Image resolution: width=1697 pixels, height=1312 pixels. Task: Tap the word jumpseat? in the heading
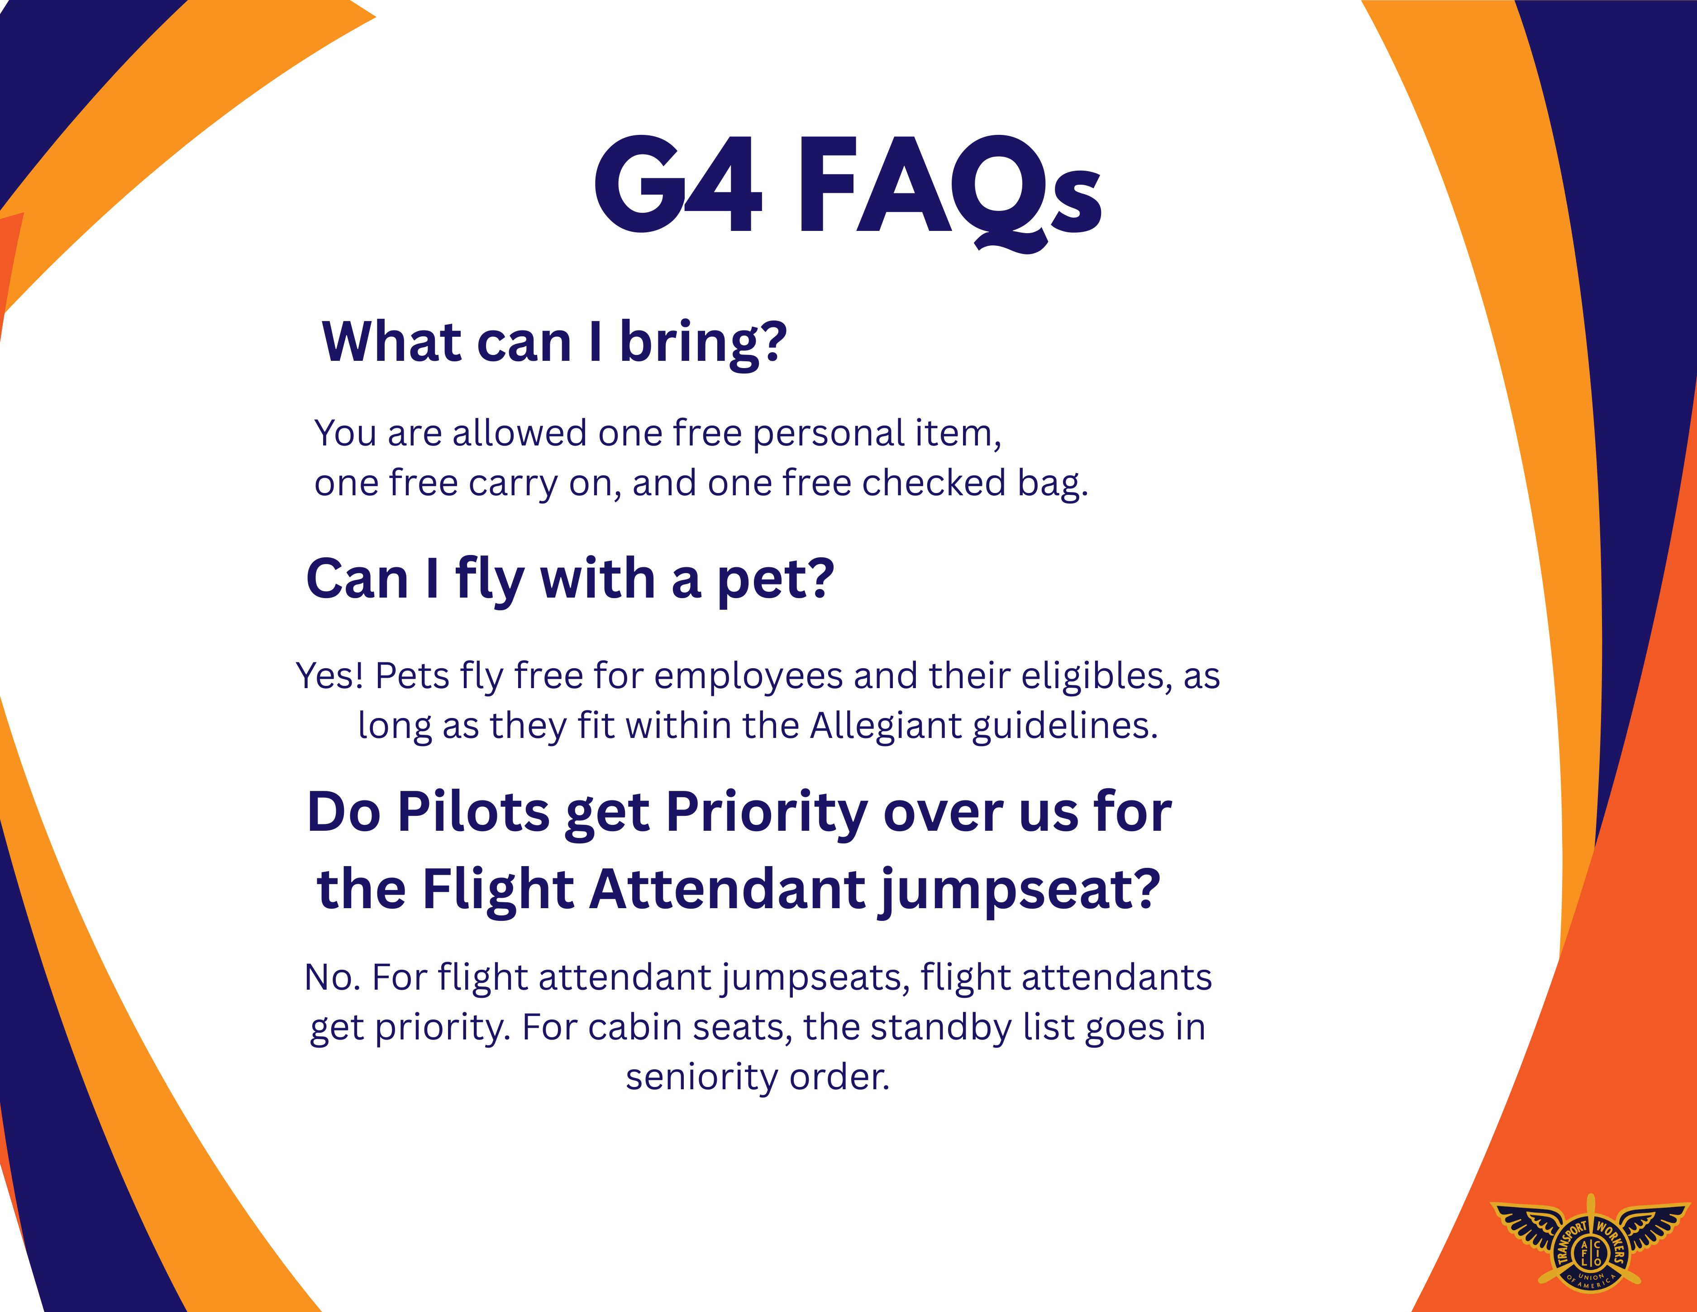pos(1020,891)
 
